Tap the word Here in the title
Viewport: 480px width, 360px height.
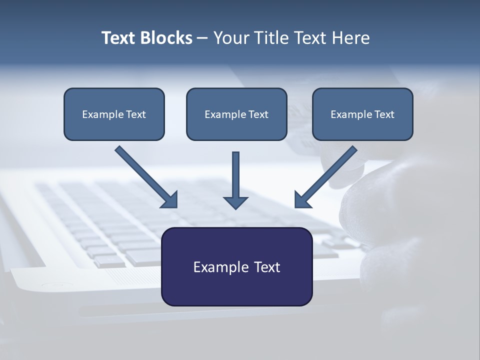click(351, 38)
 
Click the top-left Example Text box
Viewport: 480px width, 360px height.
click(114, 114)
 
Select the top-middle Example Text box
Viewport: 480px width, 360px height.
click(236, 114)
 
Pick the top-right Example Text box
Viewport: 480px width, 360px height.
click(362, 114)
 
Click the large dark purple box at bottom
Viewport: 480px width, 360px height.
click(236, 266)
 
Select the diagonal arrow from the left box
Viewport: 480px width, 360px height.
click(145, 176)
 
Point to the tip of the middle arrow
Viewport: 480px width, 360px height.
click(235, 208)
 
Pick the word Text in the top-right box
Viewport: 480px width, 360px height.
click(384, 114)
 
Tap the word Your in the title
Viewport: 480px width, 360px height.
click(230, 38)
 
